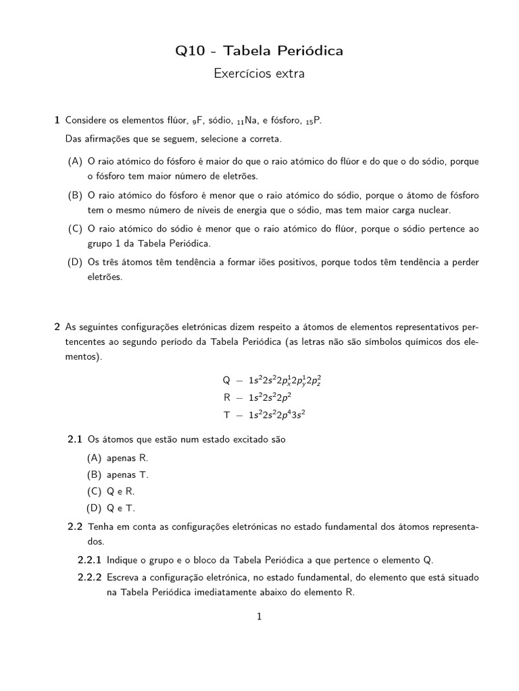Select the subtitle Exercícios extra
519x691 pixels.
click(x=259, y=74)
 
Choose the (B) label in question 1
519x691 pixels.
click(x=75, y=195)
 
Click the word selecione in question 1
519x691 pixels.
click(x=203, y=139)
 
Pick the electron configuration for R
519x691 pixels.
click(x=270, y=397)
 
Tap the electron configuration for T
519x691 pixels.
click(x=278, y=414)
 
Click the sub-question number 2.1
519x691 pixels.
click(x=74, y=439)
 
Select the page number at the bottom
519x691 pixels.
click(x=259, y=616)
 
